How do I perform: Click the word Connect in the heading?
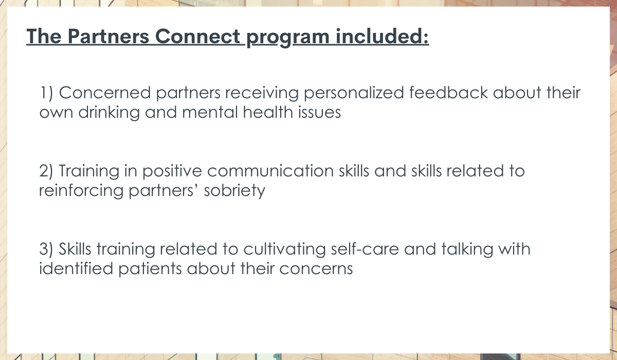[198, 36]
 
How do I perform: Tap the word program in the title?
[288, 38]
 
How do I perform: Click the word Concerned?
[105, 93]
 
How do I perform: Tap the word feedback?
[448, 92]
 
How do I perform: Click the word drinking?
[109, 113]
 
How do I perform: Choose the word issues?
[319, 113]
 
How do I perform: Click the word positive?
[172, 172]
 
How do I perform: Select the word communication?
[270, 171]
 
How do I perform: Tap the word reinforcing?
[81, 191]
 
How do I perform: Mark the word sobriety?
[234, 191]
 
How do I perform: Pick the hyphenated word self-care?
[365, 249]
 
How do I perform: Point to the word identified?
[76, 268]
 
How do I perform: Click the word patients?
[150, 269]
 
